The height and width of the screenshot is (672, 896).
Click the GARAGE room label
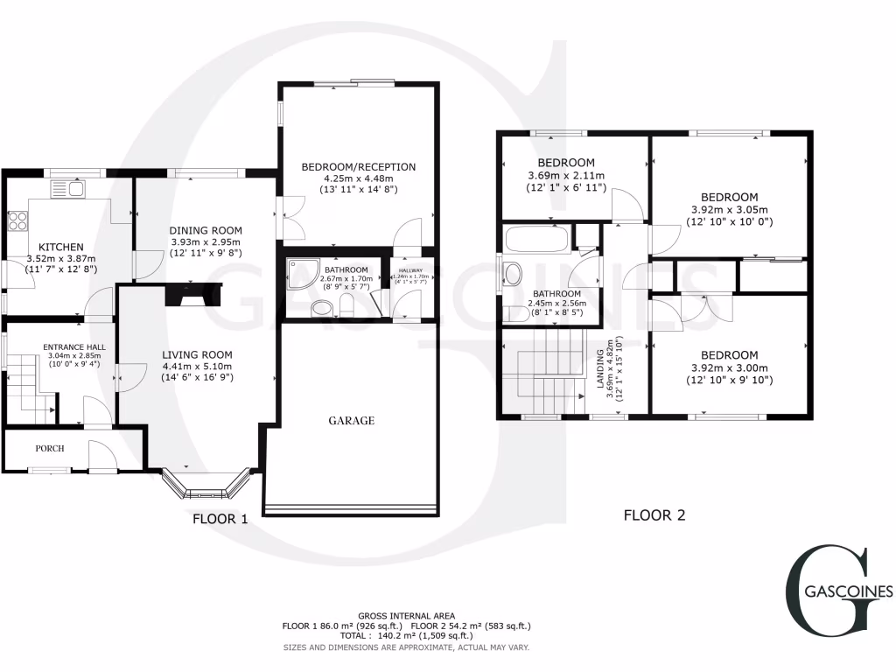point(352,421)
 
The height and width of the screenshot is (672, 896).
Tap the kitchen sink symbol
point(66,188)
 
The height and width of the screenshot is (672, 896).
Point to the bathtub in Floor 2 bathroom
point(536,238)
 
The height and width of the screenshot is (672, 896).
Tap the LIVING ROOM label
point(197,354)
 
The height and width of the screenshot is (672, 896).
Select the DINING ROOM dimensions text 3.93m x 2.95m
point(205,242)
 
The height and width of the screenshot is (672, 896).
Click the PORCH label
point(49,448)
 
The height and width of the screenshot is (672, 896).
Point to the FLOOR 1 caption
point(220,519)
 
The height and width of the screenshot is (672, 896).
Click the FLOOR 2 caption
point(654,515)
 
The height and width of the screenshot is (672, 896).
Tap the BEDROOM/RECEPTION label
point(359,166)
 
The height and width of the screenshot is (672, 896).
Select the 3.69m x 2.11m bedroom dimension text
point(566,176)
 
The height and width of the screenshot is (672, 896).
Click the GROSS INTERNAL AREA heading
point(406,616)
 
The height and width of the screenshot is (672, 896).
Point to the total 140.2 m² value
point(407,637)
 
